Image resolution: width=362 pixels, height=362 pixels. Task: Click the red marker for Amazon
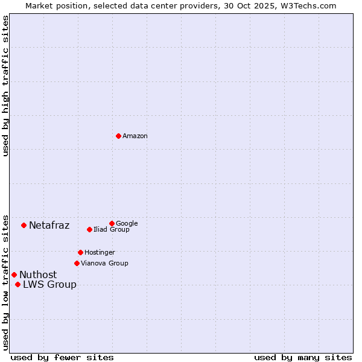click(x=118, y=136)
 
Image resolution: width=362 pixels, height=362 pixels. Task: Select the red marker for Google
click(x=112, y=223)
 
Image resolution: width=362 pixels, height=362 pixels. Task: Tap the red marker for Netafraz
click(x=24, y=225)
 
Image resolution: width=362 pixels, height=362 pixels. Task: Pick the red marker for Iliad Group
click(x=89, y=229)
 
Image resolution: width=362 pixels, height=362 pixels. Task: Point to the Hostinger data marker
click(x=80, y=252)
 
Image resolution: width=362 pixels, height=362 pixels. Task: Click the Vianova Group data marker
click(x=77, y=263)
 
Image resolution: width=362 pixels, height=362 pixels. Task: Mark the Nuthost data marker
click(x=14, y=275)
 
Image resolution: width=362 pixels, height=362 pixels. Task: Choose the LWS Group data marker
click(x=17, y=284)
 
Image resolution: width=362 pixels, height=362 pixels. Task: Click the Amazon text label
click(x=135, y=136)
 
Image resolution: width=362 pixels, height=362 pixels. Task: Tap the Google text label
click(x=127, y=223)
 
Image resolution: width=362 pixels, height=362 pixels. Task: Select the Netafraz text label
click(x=49, y=226)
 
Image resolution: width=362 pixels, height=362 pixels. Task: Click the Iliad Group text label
click(x=112, y=229)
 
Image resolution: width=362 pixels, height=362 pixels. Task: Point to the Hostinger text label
click(x=100, y=252)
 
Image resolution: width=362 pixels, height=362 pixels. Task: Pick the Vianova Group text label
click(x=104, y=263)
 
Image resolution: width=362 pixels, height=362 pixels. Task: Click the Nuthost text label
click(x=38, y=275)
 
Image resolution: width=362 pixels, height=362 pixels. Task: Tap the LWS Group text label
click(x=49, y=285)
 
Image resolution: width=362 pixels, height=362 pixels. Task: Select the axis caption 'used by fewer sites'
click(x=62, y=357)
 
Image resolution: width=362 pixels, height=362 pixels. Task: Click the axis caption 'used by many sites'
click(x=303, y=357)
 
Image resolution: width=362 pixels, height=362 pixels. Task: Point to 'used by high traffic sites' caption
click(x=5, y=86)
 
